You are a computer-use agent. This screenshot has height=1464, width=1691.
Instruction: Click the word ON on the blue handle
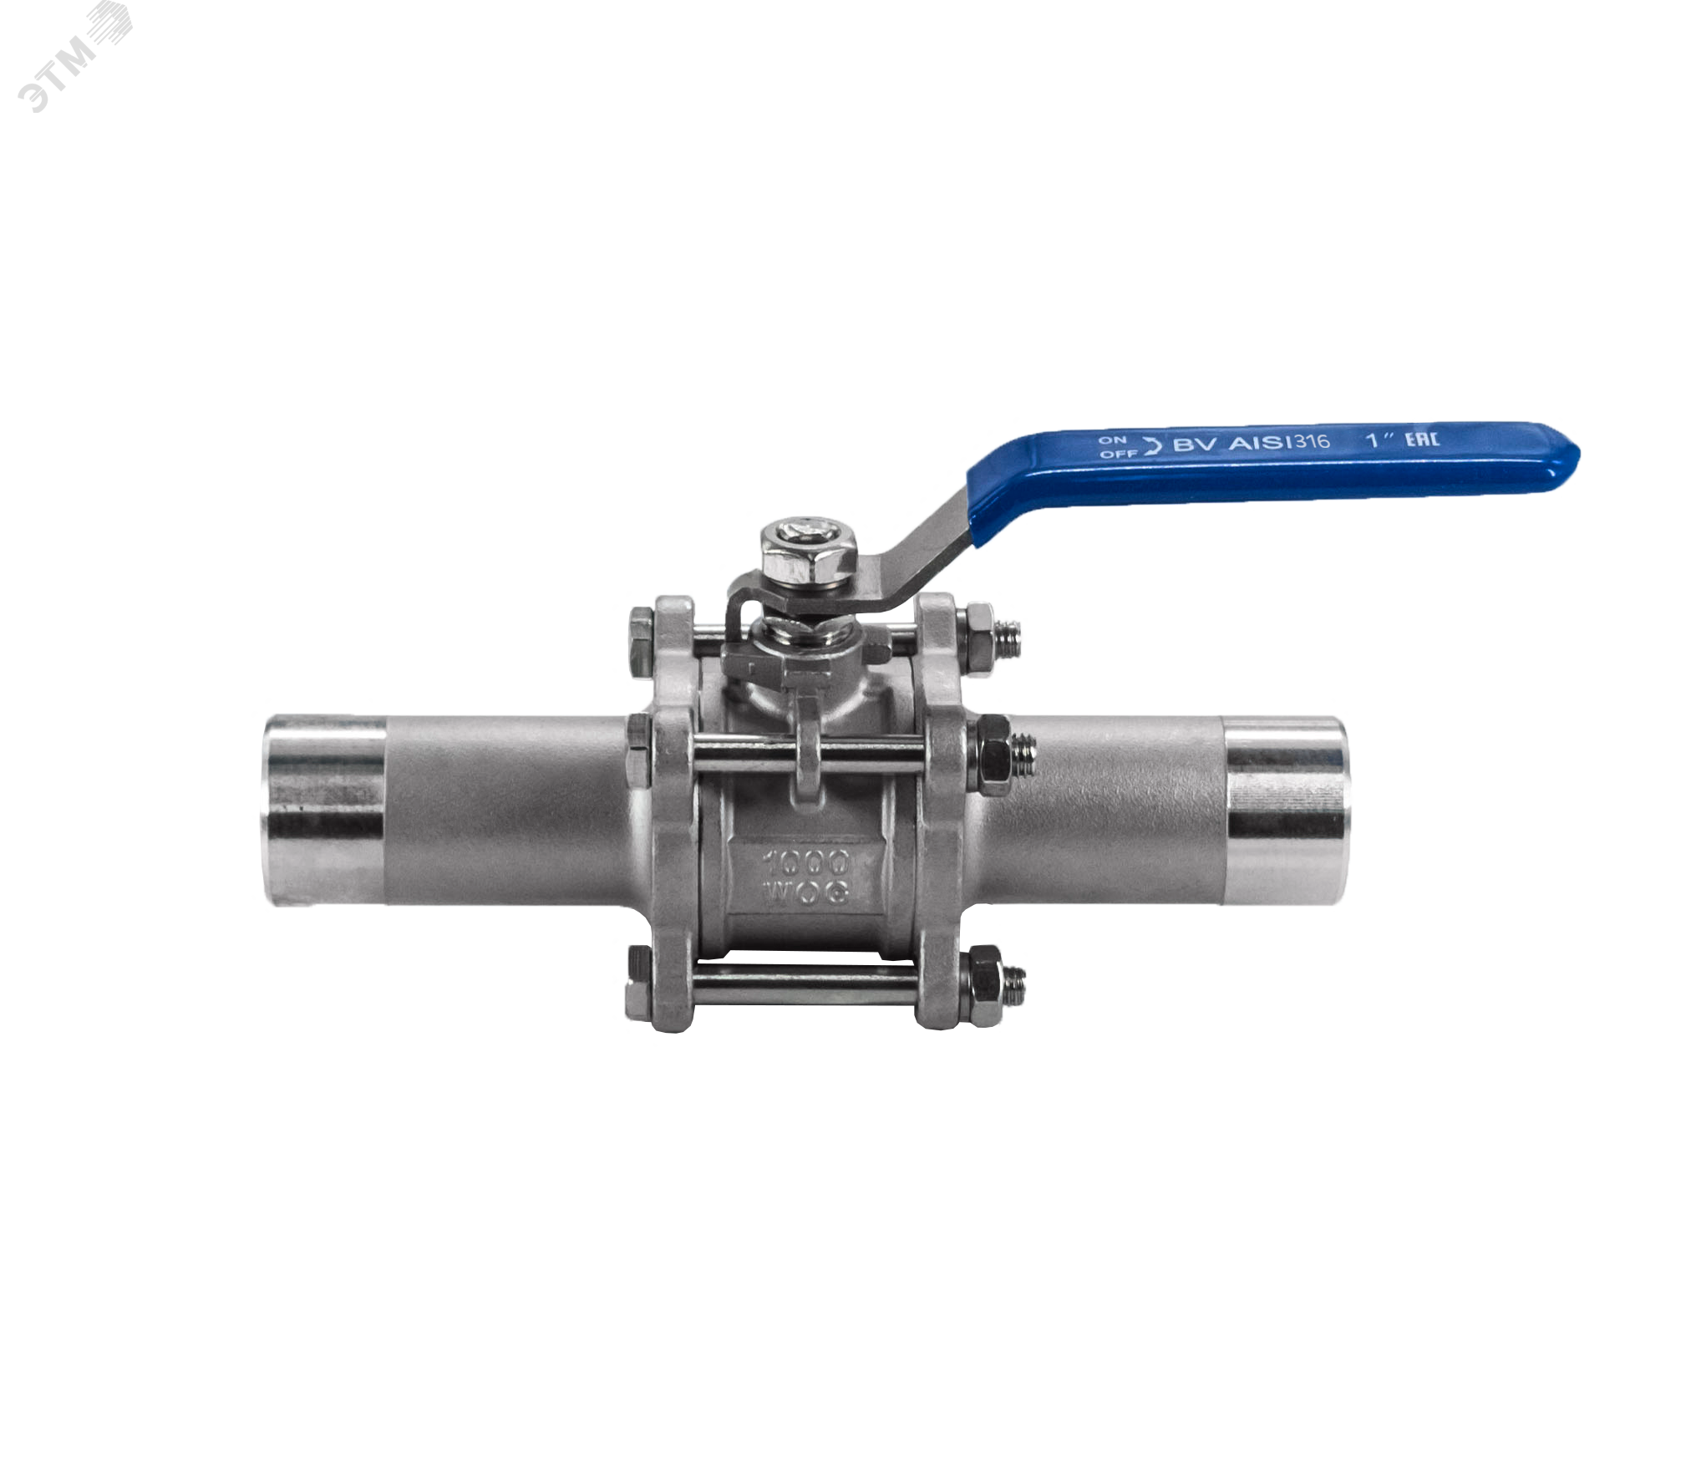pos(1112,440)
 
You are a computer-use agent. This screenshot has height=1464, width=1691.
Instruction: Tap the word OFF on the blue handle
pos(1118,454)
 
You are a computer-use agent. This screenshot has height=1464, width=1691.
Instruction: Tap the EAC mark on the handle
pos(1421,439)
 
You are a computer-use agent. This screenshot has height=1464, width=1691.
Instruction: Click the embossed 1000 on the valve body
pos(805,862)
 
